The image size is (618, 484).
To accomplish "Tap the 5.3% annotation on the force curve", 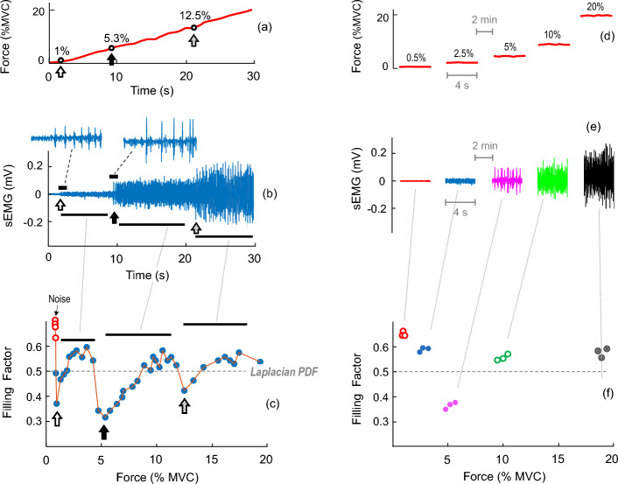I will (x=119, y=38).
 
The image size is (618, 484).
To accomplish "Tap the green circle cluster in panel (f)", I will (x=502, y=357).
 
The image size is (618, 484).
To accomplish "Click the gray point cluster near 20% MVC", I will (x=601, y=352).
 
